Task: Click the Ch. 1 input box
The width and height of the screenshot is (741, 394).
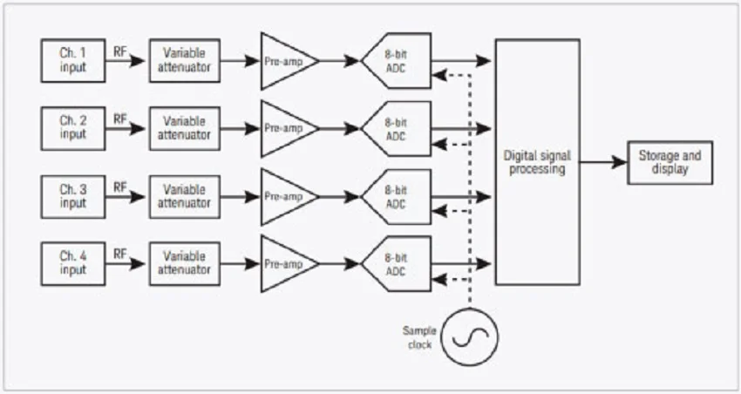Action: click(73, 60)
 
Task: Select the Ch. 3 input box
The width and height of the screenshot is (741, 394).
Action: click(73, 196)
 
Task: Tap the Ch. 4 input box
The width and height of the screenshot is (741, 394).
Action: click(73, 263)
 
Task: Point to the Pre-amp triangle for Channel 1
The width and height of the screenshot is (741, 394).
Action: click(285, 61)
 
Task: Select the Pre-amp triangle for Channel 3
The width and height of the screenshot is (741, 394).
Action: click(285, 196)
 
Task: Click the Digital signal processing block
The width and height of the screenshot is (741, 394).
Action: click(537, 162)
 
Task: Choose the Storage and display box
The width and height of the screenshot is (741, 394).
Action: click(670, 162)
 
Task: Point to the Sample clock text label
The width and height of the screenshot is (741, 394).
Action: click(419, 336)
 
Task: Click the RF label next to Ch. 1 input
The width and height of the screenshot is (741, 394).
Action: click(121, 50)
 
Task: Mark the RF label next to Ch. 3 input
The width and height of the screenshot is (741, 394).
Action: click(121, 186)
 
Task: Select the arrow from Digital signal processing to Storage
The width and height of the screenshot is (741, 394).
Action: click(603, 162)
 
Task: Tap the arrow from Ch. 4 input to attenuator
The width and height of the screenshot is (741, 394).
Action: click(127, 263)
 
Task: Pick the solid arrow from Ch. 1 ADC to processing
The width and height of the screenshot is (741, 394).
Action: click(462, 60)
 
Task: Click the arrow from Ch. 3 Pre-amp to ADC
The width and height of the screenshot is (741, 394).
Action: click(340, 196)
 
